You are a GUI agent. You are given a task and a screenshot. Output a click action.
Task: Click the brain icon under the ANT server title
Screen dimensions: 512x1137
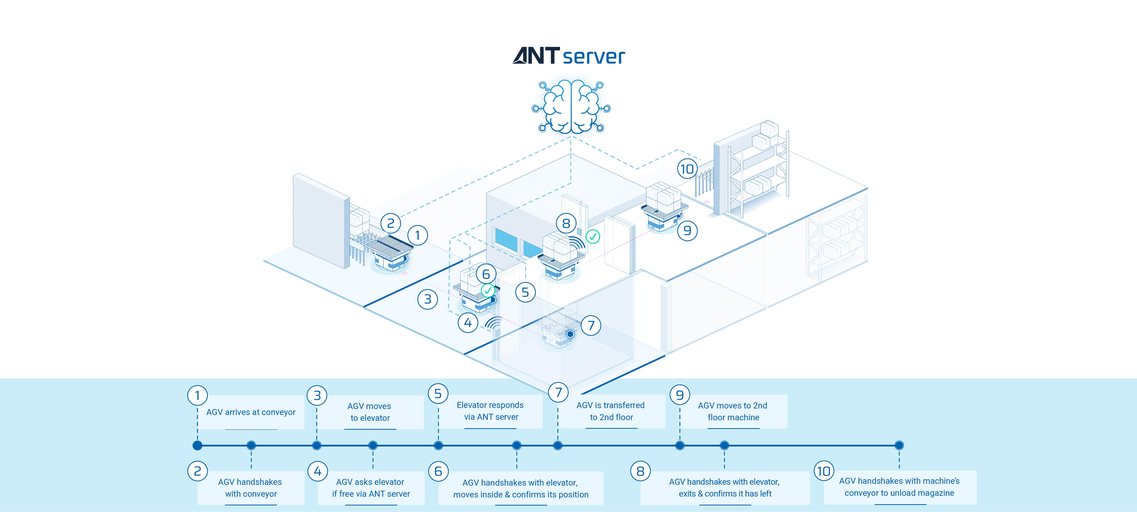click(571, 107)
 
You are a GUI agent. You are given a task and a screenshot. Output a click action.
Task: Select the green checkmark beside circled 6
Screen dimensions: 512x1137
click(487, 290)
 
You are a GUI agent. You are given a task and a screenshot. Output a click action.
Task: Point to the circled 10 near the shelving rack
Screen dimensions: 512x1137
click(687, 169)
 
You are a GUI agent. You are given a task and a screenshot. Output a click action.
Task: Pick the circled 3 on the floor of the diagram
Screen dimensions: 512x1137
click(427, 299)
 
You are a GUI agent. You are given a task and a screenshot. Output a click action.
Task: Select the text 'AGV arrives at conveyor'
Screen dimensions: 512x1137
click(251, 412)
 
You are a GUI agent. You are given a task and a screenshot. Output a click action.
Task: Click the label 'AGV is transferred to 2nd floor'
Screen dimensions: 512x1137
click(611, 411)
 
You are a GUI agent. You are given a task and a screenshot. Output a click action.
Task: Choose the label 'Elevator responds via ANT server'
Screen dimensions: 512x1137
click(490, 411)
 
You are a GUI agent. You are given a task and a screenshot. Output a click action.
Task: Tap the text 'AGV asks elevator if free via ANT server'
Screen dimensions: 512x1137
click(371, 488)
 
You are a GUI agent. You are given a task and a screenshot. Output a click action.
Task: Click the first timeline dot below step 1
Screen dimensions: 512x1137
click(197, 445)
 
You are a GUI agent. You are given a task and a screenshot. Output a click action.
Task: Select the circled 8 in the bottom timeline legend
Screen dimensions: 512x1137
click(640, 471)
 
